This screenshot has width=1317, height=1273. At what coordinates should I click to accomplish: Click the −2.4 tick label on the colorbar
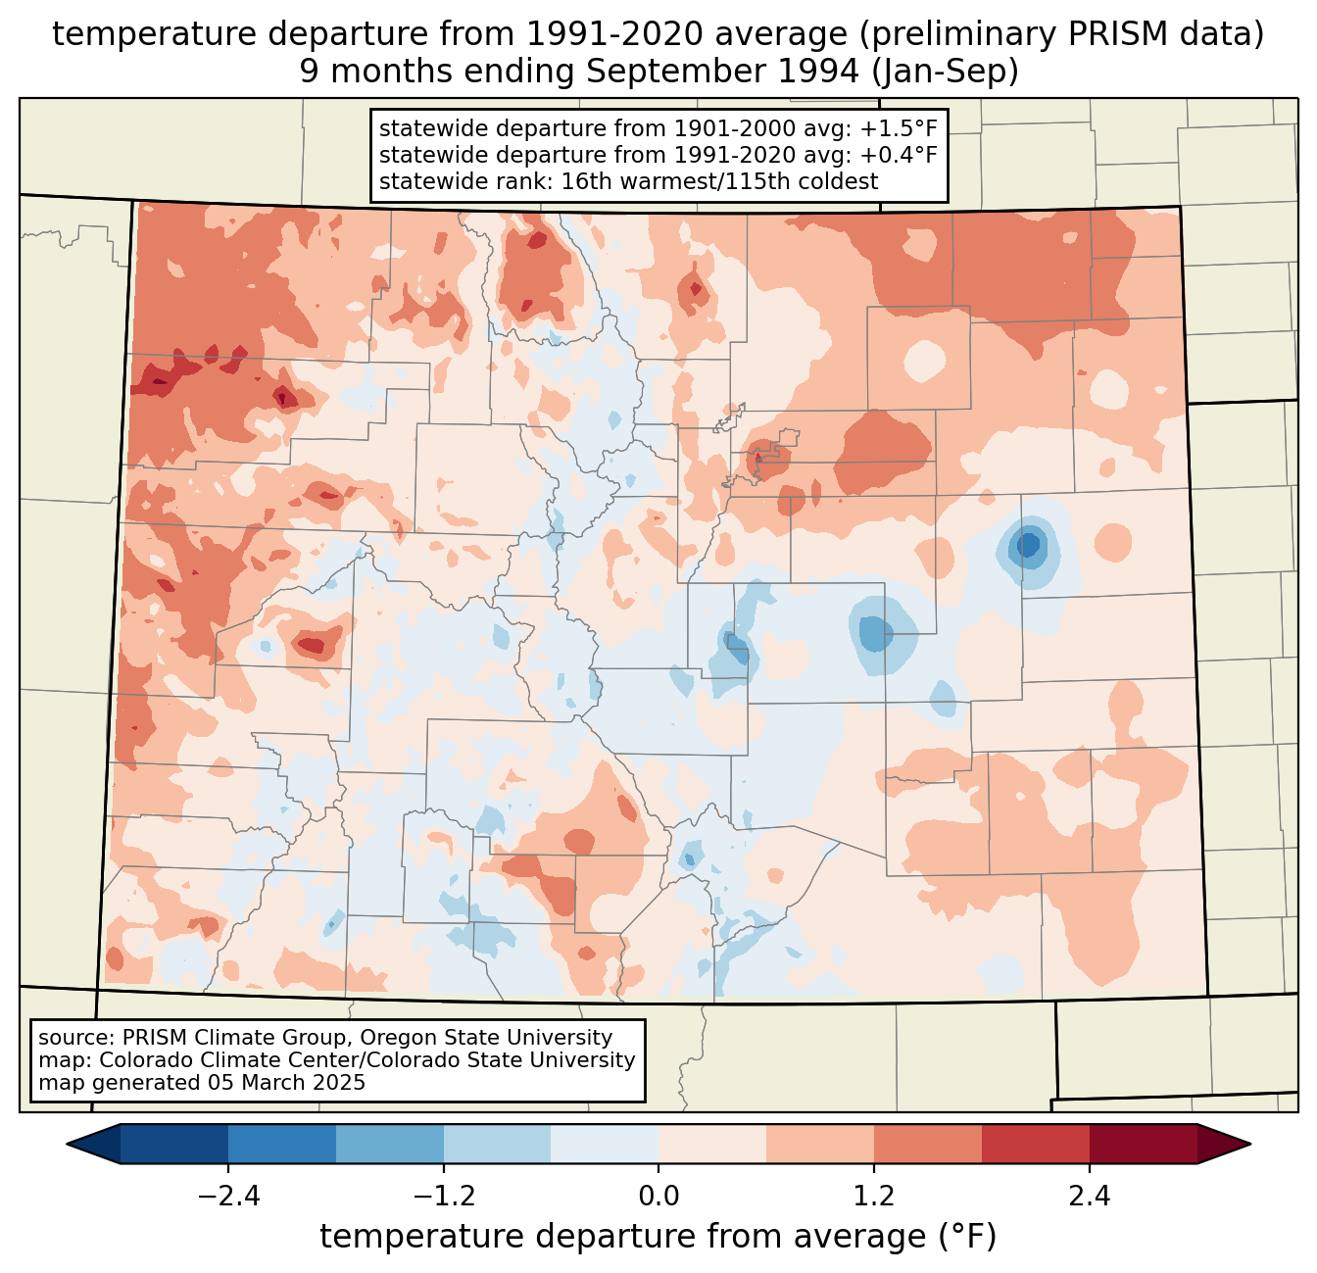click(x=228, y=1196)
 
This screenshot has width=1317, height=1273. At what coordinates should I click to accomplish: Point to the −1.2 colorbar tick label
click(x=443, y=1196)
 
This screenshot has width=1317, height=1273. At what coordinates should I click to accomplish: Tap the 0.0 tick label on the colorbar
click(x=658, y=1196)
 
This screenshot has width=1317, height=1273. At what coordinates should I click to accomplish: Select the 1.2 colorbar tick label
click(x=874, y=1196)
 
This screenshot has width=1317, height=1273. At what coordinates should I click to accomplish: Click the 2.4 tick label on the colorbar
click(x=1090, y=1196)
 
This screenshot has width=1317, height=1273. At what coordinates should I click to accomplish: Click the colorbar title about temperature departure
click(x=658, y=1237)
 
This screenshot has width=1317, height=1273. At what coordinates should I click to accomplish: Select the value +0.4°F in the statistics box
click(x=899, y=155)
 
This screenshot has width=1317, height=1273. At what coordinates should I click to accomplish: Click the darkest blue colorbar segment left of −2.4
click(x=174, y=1144)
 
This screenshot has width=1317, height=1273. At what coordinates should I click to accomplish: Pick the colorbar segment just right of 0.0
click(x=712, y=1144)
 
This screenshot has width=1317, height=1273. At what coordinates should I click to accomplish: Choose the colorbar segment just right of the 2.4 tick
click(x=1143, y=1144)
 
